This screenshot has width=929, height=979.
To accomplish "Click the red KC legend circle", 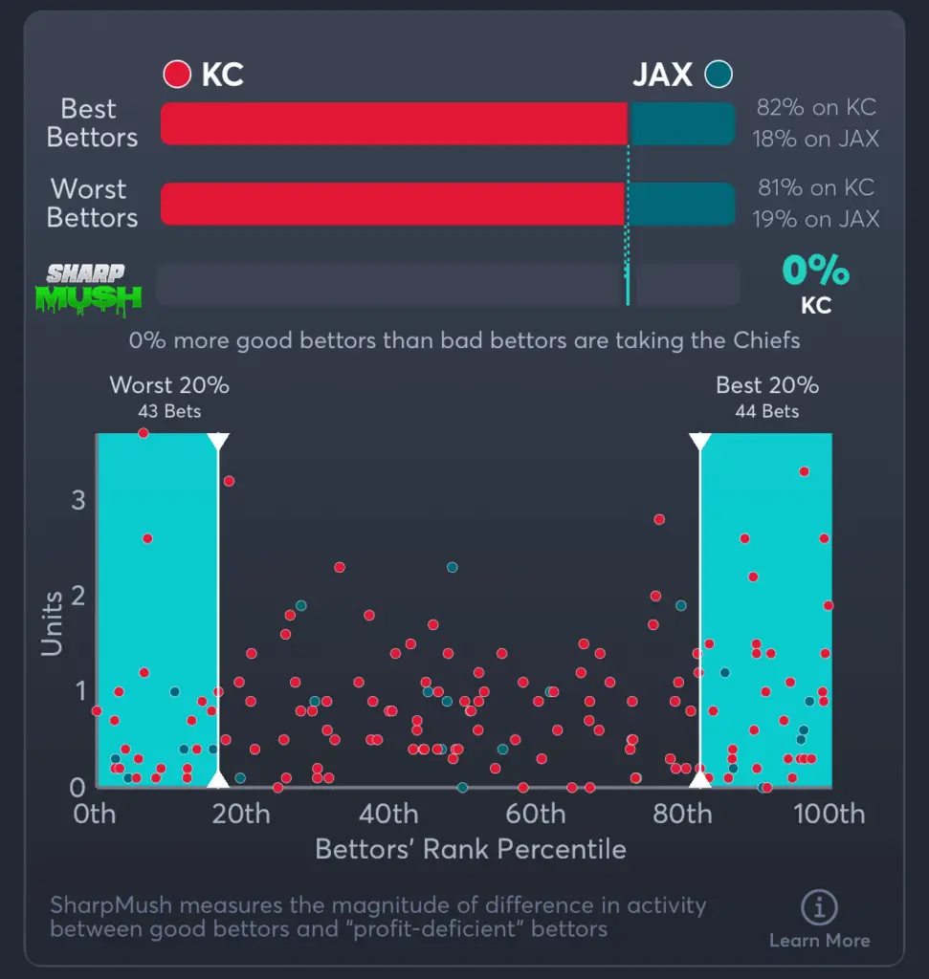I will (x=178, y=75).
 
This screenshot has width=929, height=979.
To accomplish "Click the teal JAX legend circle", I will (x=719, y=74).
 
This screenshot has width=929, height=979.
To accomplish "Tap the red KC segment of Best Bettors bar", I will (x=393, y=123).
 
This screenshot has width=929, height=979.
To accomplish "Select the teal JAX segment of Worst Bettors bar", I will (x=680, y=204).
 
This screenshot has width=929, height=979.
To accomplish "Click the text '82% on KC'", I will (x=816, y=108).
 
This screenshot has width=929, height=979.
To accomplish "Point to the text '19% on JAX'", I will (x=816, y=219).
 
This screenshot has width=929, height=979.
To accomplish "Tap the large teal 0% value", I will (x=815, y=271).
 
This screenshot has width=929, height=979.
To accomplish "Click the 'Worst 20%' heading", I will (x=169, y=385).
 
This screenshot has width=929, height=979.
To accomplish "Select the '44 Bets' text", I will (x=766, y=412).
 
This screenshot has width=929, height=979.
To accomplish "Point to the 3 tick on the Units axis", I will (x=77, y=500).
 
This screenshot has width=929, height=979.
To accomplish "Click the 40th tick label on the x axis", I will (x=389, y=815).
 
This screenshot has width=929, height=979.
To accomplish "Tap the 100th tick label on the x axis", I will (x=830, y=815).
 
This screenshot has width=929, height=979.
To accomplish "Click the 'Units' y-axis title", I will (x=52, y=623).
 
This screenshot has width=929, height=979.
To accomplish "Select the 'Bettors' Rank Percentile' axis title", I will (x=470, y=849).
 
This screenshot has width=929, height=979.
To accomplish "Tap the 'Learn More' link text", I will (x=819, y=941).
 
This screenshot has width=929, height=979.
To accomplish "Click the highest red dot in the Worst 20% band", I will (x=144, y=433).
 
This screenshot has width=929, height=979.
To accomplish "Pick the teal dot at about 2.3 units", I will (x=452, y=567).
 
